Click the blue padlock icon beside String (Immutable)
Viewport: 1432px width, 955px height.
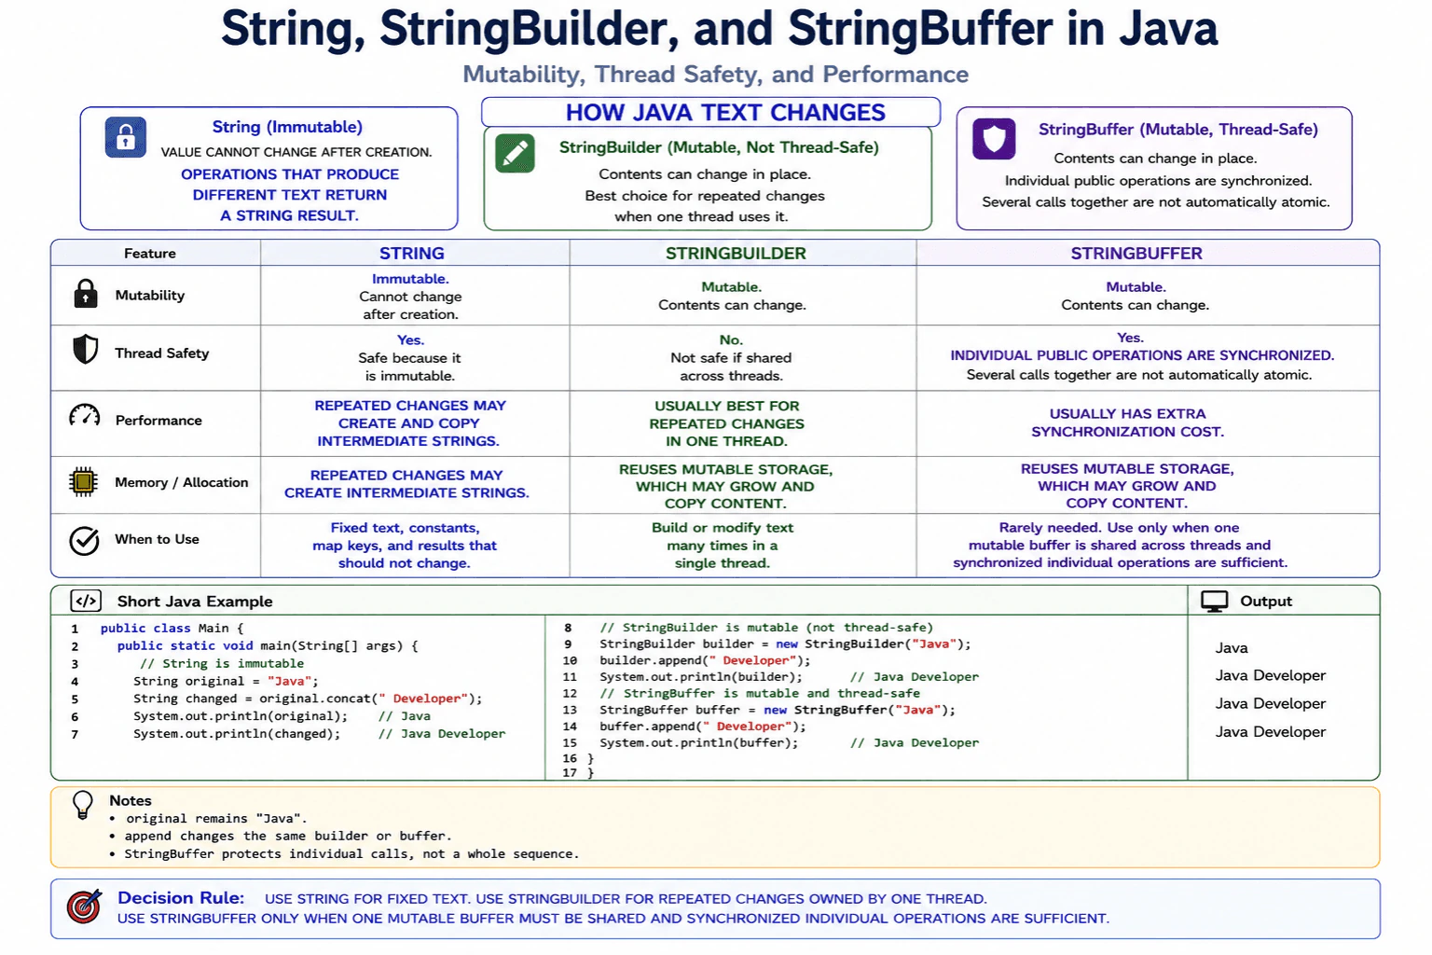coord(125,137)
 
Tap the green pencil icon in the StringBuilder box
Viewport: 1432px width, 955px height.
coord(515,154)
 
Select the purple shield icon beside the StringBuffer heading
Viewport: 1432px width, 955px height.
coord(994,139)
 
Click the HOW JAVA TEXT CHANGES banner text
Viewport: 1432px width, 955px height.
coord(725,113)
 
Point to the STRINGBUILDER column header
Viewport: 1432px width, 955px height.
coord(736,254)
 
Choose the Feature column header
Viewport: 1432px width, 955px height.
coord(149,254)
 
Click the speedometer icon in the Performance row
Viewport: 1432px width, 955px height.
coord(85,416)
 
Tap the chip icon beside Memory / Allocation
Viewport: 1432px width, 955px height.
coord(83,481)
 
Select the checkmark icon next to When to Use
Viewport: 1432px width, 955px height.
coord(84,541)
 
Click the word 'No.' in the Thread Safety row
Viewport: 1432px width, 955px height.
coord(731,339)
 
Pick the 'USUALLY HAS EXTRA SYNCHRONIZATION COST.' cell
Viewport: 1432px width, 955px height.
coord(1127,422)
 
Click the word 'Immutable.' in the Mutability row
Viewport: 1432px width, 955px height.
coord(410,279)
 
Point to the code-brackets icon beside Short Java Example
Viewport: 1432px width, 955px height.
coord(86,602)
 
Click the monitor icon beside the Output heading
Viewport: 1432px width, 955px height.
coord(1214,602)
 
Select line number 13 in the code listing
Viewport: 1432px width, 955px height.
coord(570,710)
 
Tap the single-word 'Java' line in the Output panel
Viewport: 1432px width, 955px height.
coord(1232,648)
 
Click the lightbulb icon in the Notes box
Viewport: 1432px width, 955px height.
coord(82,805)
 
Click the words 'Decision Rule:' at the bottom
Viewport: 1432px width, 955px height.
coord(181,898)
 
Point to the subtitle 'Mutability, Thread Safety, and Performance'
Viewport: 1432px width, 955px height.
coord(715,75)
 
